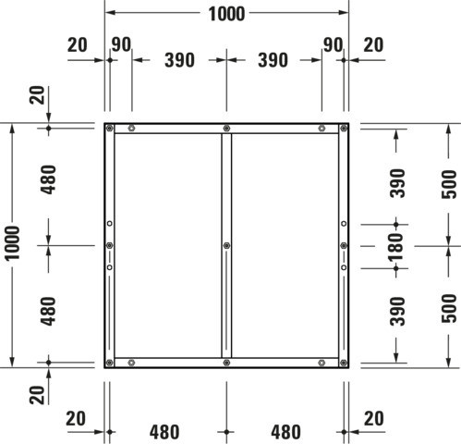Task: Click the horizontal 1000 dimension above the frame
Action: (x=226, y=14)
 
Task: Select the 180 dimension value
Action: (x=396, y=247)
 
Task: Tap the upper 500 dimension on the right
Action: (x=449, y=184)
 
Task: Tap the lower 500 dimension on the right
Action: (x=449, y=308)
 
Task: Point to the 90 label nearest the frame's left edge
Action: (x=121, y=44)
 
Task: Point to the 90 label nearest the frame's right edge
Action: (x=333, y=44)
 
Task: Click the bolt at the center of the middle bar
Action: (x=226, y=245)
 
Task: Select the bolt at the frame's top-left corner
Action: (x=109, y=128)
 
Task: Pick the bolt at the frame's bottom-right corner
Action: (x=344, y=363)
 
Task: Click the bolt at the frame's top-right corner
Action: (x=344, y=128)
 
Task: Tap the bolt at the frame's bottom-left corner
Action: (x=109, y=363)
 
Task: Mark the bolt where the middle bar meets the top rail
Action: (x=226, y=128)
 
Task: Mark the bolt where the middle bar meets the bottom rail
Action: (x=226, y=363)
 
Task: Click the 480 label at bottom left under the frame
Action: (x=164, y=432)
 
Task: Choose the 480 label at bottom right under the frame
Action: (x=285, y=432)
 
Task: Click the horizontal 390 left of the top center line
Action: (x=179, y=60)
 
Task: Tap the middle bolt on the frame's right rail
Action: (x=344, y=245)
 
